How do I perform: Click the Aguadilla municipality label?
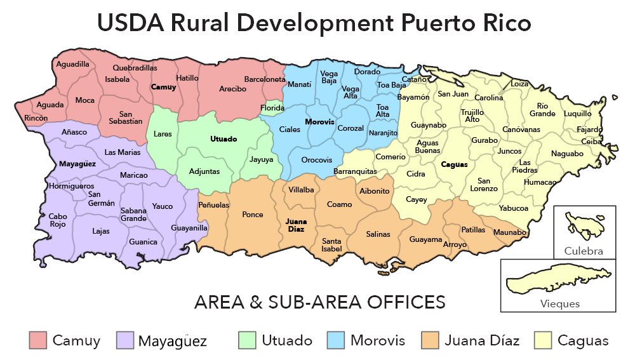click(72, 64)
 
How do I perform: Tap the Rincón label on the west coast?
click(36, 118)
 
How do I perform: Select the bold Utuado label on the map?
click(223, 138)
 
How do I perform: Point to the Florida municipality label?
click(272, 109)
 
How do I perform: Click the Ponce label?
click(253, 215)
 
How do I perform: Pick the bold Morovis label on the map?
click(319, 121)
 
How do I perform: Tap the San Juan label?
click(453, 94)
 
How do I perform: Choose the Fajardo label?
click(590, 130)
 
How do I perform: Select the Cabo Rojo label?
click(58, 220)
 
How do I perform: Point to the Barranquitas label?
click(355, 171)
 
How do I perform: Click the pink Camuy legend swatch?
click(39, 340)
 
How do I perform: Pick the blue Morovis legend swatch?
click(336, 340)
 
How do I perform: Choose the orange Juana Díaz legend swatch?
click(431, 340)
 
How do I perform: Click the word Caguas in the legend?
click(583, 341)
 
